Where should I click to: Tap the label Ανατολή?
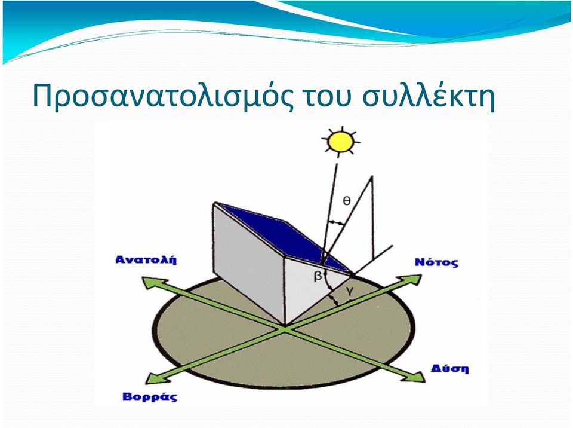[146, 259]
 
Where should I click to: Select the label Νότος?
[436, 262]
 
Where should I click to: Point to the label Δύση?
[449, 368]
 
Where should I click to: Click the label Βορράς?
[149, 397]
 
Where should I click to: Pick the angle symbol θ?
[346, 200]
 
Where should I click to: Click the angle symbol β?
[318, 276]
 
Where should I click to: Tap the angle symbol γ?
[350, 291]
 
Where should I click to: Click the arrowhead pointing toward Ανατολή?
[151, 283]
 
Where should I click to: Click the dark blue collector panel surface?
[285, 234]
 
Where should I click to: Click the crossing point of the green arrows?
[285, 329]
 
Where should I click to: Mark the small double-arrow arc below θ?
[337, 222]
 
